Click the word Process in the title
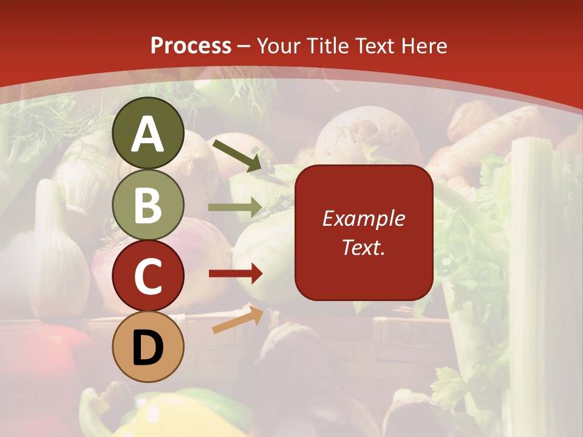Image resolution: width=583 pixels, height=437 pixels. pos(191,46)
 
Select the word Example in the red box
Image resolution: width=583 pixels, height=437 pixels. pos(363,218)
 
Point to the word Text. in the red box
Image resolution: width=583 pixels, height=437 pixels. pos(363,247)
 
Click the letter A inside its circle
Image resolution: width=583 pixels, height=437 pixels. pos(148,135)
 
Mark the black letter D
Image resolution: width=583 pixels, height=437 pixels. pos(148,348)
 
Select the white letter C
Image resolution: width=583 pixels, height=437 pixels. pos(148,277)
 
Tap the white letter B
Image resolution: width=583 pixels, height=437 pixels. pos(148,205)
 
